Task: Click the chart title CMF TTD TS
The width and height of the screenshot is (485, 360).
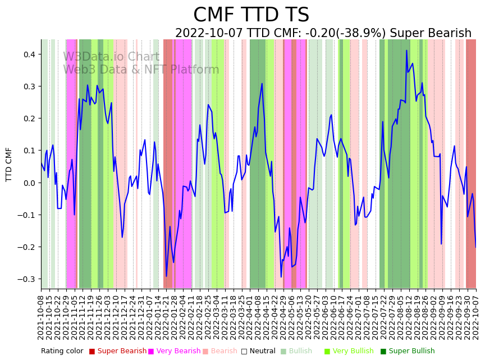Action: pos(251,15)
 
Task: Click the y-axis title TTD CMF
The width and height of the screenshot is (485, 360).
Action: pos(9,164)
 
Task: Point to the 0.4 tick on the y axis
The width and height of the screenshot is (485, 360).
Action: pos(28,54)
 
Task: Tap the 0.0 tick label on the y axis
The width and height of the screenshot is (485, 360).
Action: pos(28,183)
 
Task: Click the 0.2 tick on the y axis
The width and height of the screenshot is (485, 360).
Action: pos(28,119)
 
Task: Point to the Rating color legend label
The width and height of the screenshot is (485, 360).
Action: pos(62,352)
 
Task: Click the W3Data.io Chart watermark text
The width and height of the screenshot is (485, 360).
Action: pos(111,57)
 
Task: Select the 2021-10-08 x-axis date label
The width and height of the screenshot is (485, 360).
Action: pos(41,317)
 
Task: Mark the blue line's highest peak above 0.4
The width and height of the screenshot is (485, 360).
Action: pos(406,51)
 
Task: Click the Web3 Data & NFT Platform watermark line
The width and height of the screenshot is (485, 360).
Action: pos(141,70)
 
